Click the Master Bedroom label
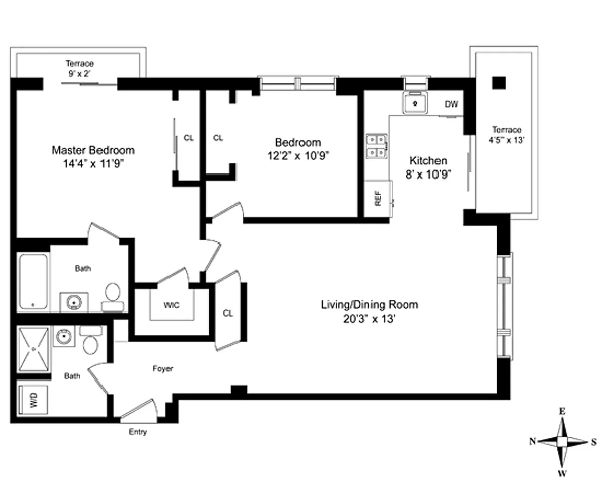93,151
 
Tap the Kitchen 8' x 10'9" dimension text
428,175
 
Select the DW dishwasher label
451,104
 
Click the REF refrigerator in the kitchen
378,198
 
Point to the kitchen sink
415,103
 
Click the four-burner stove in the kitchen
377,146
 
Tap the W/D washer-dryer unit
33,400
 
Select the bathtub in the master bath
33,282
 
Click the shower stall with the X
34,349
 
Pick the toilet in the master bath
113,297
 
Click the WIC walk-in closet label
171,305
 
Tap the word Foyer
163,369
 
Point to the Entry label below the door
137,432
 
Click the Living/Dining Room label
369,305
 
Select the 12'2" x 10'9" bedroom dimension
298,156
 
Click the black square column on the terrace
499,83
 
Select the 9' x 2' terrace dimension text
79,74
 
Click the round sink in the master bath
74,302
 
